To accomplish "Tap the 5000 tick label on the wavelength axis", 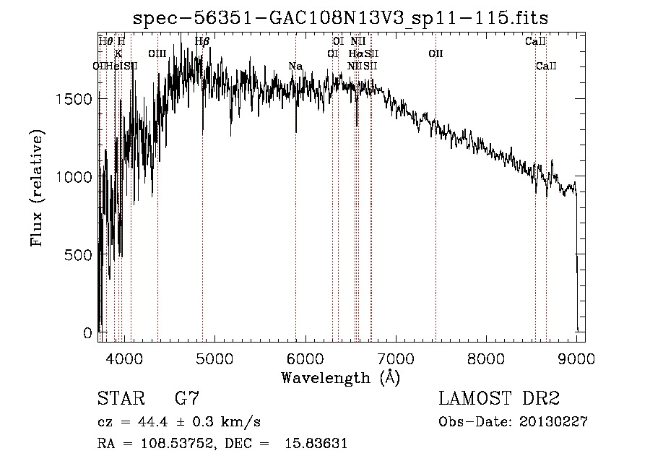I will [214, 358].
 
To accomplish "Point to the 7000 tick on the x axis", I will [395, 358].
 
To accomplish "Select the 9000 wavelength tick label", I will [576, 358].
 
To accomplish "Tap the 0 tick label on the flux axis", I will [87, 333].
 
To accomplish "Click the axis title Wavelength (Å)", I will [340, 377].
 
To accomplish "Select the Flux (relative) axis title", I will [37, 188].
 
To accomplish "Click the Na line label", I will [295, 66].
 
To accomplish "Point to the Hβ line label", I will [202, 41].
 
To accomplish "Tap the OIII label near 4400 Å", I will [157, 53].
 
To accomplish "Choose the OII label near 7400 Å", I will [435, 53].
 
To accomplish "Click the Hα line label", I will [356, 53].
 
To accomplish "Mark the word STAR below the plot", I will [119, 399].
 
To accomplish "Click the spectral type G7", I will [187, 399].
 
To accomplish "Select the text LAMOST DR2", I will [499, 399].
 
